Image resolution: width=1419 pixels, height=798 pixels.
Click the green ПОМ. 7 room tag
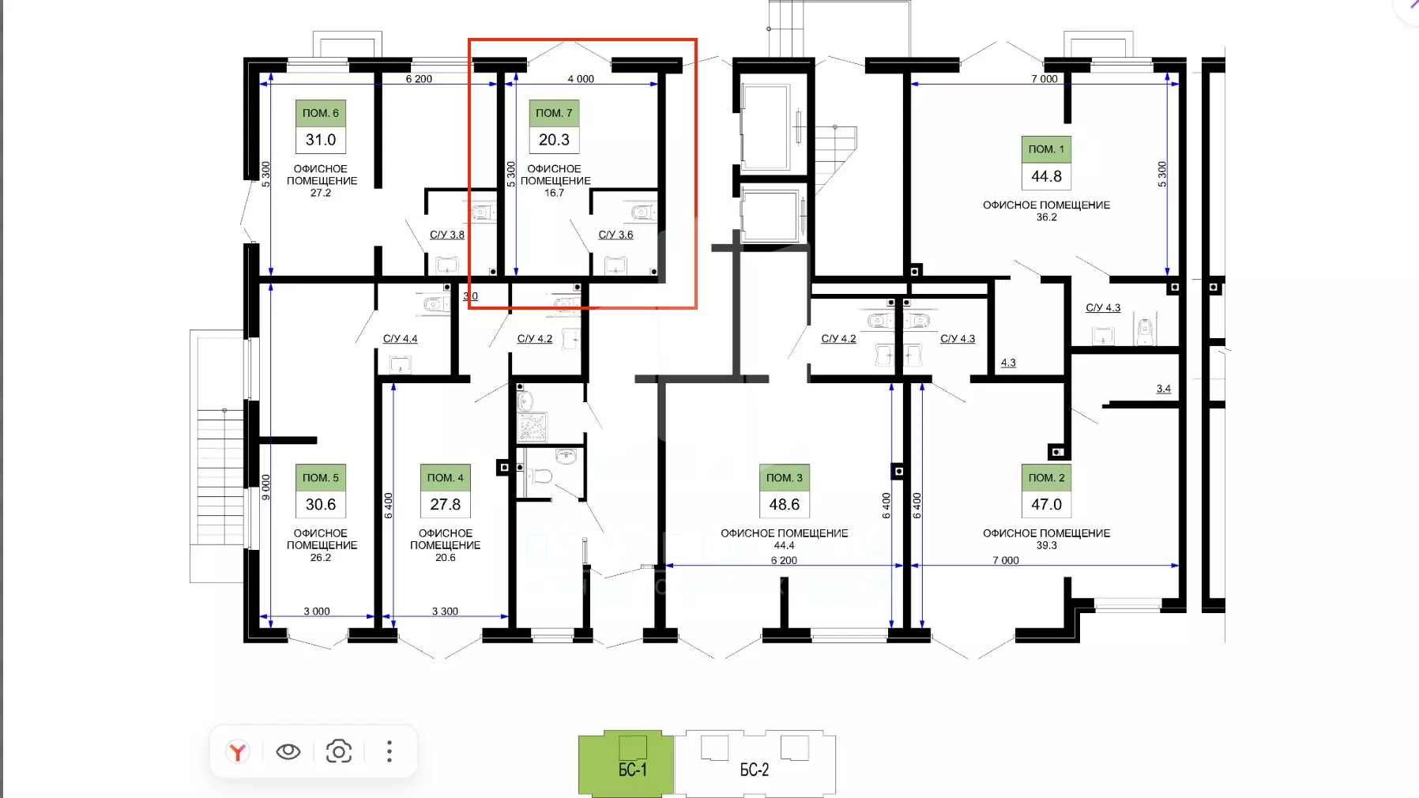click(554, 113)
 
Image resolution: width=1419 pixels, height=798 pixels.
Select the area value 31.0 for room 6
click(321, 140)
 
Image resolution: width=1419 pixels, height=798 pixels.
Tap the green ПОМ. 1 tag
click(1046, 149)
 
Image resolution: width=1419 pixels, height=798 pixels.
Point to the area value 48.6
click(785, 504)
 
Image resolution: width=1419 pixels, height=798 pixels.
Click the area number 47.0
click(1046, 504)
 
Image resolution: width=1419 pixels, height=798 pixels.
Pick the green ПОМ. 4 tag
click(446, 477)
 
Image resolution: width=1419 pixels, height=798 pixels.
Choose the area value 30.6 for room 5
click(321, 504)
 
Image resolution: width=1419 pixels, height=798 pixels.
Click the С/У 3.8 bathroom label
click(447, 235)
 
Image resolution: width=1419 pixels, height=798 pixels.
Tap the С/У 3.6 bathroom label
click(615, 235)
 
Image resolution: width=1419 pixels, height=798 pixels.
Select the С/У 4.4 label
click(401, 338)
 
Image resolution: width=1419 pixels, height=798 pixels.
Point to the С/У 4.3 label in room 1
click(1103, 307)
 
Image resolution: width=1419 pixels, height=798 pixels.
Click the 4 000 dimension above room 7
click(581, 79)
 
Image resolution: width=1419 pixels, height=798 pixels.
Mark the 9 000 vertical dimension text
click(265, 487)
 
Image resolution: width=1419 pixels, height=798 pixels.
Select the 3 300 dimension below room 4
click(445, 611)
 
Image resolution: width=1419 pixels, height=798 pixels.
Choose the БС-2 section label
click(755, 770)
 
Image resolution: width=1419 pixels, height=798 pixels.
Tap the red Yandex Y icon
click(237, 751)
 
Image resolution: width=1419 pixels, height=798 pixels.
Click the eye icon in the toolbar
click(288, 751)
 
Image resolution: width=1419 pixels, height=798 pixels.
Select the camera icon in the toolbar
click(339, 751)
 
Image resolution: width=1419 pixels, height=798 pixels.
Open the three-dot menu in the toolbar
click(390, 751)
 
